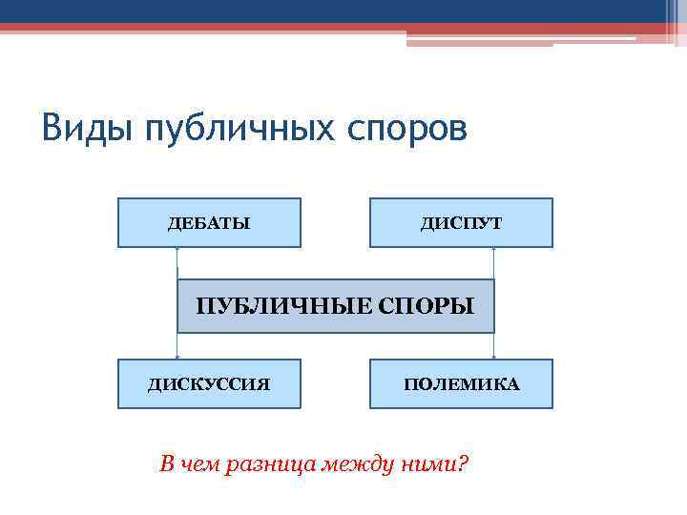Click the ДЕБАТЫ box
209,223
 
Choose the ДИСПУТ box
461,223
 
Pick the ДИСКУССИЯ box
209,384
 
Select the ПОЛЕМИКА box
461,384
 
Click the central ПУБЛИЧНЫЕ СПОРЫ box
335,306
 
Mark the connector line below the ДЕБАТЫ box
177,263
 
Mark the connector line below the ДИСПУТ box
493,263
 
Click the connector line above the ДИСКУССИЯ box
177,345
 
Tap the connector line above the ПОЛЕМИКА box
493,345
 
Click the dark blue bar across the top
334,10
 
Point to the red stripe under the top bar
286,28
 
